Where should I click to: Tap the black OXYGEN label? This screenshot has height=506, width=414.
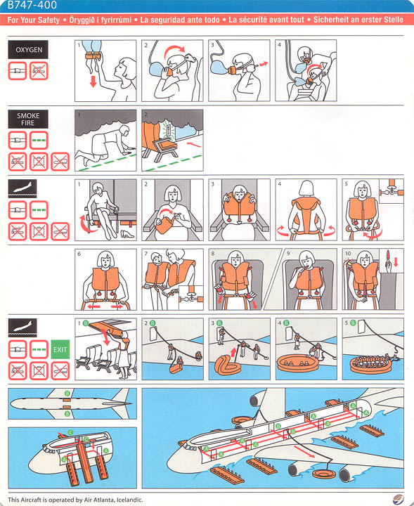28,50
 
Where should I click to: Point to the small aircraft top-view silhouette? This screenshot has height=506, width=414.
70,406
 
